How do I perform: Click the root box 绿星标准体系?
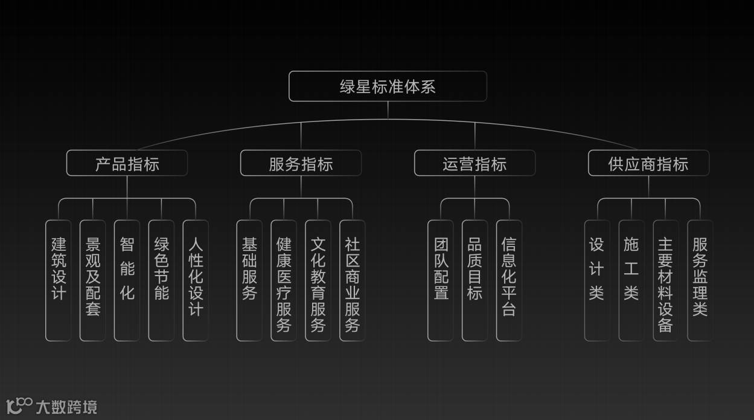click(388, 86)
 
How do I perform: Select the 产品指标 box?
click(127, 163)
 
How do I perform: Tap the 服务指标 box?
click(301, 163)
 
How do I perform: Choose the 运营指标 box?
click(474, 163)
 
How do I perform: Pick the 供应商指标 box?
click(648, 163)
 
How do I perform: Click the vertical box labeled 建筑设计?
click(59, 280)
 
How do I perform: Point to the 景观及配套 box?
click(93, 280)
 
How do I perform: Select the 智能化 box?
click(127, 280)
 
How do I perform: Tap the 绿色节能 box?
click(161, 280)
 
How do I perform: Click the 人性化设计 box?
click(196, 280)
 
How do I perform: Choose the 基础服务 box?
click(249, 280)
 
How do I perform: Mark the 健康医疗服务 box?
click(284, 280)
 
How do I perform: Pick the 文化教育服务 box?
click(318, 280)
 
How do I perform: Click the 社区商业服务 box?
click(353, 280)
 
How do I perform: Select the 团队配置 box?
click(441, 280)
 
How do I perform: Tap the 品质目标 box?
click(474, 280)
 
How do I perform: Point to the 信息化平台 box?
click(509, 280)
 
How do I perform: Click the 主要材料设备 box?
click(665, 280)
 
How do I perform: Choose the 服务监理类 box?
click(700, 280)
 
